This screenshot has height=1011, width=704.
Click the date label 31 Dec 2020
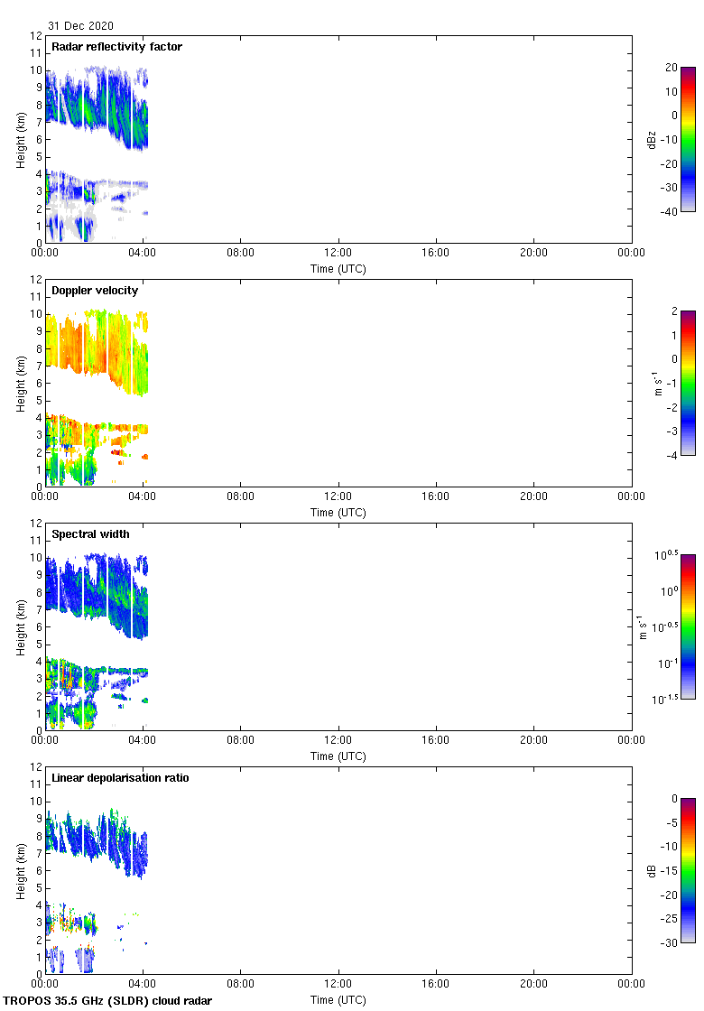tap(81, 26)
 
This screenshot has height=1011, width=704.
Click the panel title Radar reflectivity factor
tap(116, 47)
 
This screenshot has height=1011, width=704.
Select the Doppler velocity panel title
tap(95, 291)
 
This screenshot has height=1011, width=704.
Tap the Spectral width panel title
tap(92, 534)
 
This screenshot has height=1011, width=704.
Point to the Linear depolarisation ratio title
tap(120, 778)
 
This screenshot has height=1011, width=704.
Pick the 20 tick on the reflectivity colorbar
tap(671, 68)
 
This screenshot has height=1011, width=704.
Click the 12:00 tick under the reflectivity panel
tap(338, 254)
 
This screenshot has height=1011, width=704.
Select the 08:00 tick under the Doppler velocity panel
tap(241, 497)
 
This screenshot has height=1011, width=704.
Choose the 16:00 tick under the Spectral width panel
tap(436, 741)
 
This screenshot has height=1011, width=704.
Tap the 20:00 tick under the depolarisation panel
tap(533, 985)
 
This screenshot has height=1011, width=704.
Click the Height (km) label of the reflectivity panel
tap(20, 139)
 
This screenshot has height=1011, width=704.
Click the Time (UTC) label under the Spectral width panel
tap(338, 756)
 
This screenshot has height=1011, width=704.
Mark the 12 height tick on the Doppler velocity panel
tap(35, 280)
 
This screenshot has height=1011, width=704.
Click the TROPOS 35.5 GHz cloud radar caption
tap(108, 1001)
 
